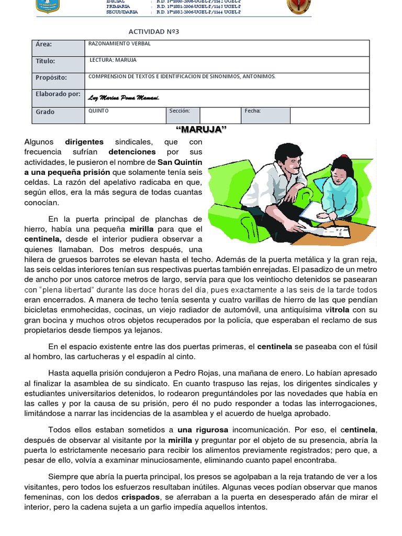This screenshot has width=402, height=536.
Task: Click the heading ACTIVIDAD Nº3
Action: pos(153,32)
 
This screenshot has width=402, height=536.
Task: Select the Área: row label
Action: pos(43,45)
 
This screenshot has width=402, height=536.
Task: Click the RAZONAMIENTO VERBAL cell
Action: pos(119,44)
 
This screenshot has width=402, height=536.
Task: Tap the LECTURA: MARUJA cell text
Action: pos(113,60)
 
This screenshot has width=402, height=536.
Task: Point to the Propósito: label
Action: pos(51,77)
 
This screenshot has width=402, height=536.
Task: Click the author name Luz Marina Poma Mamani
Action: pos(124,98)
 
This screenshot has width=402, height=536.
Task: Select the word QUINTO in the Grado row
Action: pos(98,111)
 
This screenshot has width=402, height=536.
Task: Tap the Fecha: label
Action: pos(252,111)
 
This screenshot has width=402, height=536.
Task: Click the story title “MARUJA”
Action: pos(200,130)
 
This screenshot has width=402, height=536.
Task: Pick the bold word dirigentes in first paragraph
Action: pos(84,142)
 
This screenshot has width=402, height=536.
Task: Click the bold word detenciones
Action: pos(132,152)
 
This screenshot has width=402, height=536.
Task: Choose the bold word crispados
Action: pos(140,497)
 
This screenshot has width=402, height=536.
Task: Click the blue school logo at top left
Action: pos(48,6)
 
